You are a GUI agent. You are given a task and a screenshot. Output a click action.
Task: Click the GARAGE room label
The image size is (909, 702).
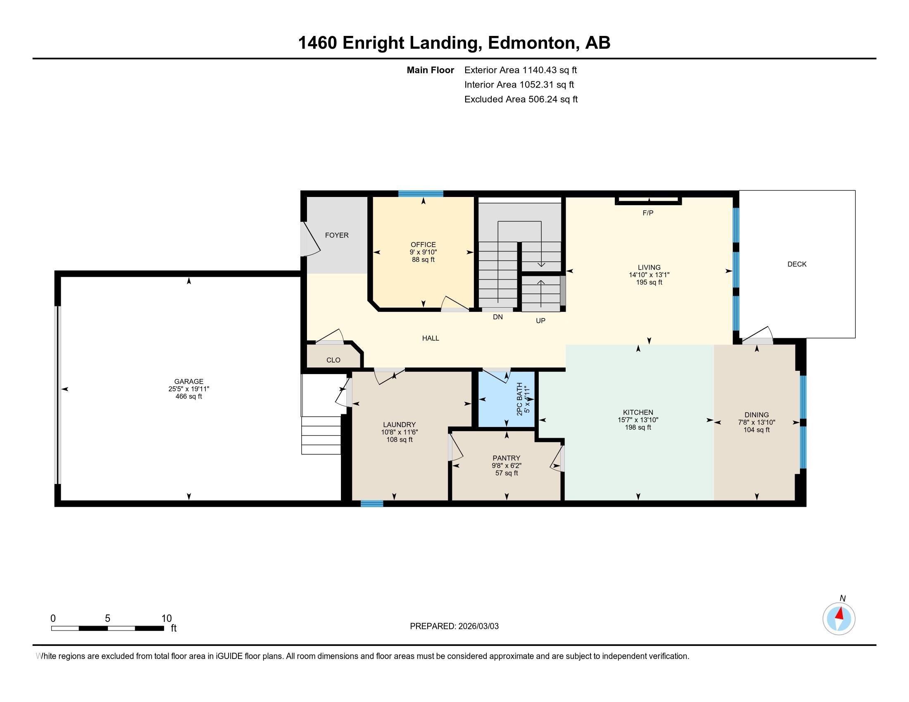(188, 382)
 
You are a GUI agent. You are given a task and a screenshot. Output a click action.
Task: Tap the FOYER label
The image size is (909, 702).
(337, 235)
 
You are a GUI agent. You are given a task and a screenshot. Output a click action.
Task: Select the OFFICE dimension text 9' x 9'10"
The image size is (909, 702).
(423, 252)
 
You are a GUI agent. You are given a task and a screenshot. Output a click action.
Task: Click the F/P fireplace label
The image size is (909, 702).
(648, 213)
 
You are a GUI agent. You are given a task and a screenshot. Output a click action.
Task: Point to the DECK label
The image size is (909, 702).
(797, 264)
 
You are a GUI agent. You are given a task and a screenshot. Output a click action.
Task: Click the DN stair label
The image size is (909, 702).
(498, 317)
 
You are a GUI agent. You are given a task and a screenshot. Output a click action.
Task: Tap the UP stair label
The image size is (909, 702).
(540, 320)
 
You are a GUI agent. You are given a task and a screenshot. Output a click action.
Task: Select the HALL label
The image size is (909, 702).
(431, 338)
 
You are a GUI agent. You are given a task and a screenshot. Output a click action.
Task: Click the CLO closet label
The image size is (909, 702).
(333, 360)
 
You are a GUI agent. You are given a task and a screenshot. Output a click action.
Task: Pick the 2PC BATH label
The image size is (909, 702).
(519, 399)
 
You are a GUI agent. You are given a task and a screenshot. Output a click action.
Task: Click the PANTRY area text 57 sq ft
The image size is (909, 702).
(507, 473)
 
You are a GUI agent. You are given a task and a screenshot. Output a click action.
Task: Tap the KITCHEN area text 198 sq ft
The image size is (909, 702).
(638, 427)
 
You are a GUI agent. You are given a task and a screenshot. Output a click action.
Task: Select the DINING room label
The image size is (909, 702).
(756, 415)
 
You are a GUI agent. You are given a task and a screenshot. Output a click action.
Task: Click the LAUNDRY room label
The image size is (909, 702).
(399, 425)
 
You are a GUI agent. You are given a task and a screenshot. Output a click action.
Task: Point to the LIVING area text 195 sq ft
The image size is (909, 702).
(649, 282)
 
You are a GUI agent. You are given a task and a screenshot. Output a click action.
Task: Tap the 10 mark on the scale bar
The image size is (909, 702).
(167, 619)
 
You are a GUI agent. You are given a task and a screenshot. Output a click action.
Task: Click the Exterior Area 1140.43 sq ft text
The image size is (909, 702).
(520, 70)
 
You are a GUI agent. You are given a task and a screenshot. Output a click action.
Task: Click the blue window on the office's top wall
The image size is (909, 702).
(420, 193)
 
